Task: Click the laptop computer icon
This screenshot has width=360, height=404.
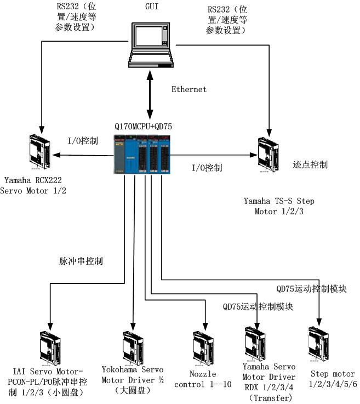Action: point(151,45)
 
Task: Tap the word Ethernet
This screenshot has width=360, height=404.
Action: point(189,89)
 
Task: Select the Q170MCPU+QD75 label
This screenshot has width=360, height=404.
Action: point(144,127)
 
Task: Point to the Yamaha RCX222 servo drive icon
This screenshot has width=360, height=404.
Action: point(40,150)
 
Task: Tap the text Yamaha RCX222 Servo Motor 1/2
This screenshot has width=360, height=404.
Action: point(37,185)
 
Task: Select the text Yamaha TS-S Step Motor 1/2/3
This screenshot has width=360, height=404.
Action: point(279,206)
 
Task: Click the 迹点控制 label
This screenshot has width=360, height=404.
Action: point(310,164)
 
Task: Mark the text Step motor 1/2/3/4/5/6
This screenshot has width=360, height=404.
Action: point(325,379)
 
